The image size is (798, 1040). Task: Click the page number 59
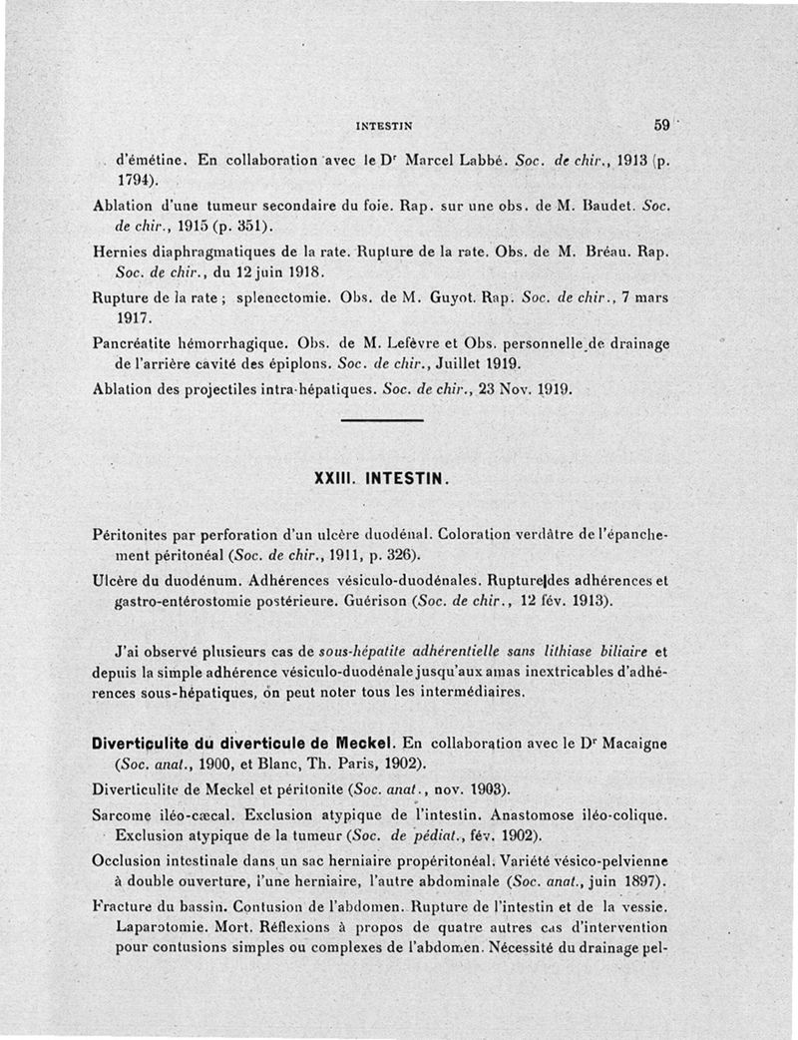tap(660, 126)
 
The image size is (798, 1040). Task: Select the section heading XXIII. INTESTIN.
tap(382, 478)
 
